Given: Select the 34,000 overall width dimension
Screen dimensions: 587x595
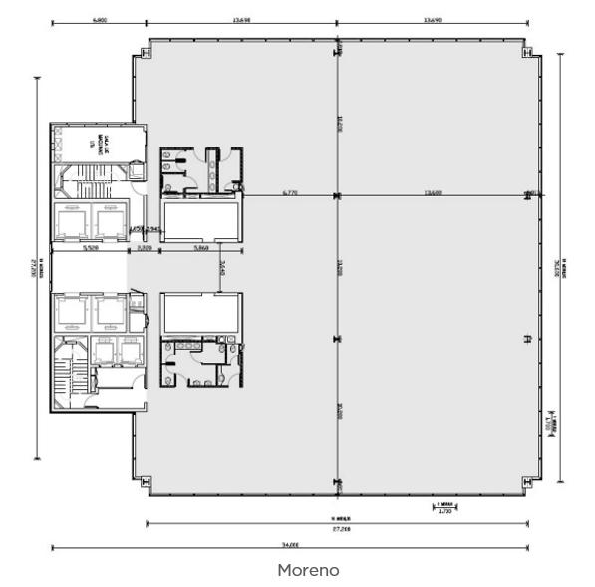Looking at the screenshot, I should (290, 544).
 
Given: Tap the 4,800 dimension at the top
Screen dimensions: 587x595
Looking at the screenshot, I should (99, 19).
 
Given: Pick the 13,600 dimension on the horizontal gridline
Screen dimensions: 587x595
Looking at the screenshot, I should (433, 192).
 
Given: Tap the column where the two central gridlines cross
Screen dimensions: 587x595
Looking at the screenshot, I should (338, 195).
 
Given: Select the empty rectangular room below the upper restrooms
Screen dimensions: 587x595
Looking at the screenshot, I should (200, 219).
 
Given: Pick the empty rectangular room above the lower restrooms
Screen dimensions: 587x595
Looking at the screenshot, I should (200, 313).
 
